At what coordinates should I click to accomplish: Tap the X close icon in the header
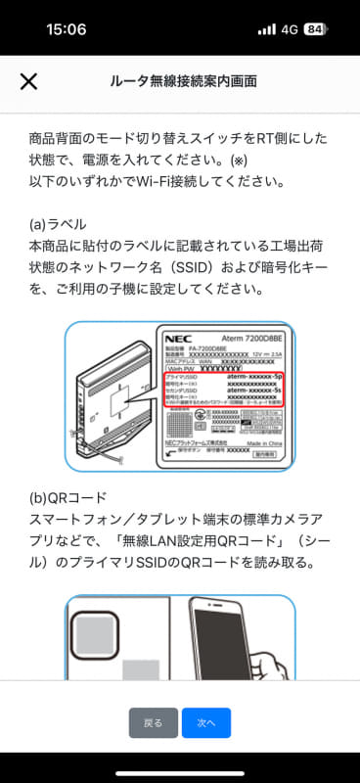pos(29,80)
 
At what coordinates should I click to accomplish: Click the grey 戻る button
pos(154,722)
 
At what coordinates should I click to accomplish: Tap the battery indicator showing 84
pos(315,29)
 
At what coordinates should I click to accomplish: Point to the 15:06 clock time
pos(66,29)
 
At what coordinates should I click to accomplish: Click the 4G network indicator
pos(290,29)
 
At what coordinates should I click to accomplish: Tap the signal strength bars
pos(266,29)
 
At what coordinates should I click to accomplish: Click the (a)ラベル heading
pos(57,223)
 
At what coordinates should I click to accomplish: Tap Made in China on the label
pos(256,443)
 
